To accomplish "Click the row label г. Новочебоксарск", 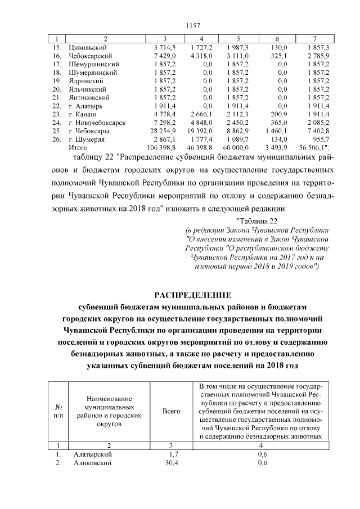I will [96, 121].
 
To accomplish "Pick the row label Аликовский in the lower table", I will [93, 463].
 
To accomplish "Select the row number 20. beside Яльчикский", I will [56, 89].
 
